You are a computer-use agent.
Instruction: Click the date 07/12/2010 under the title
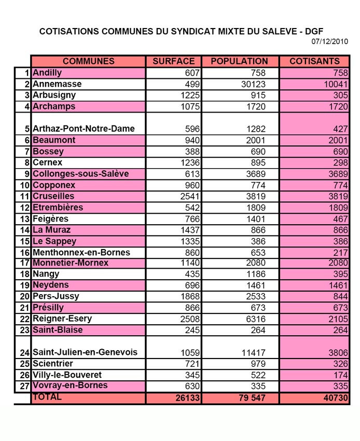(x=330, y=42)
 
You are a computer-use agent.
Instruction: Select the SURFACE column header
(x=174, y=61)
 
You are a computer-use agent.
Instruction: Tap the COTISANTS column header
(x=314, y=61)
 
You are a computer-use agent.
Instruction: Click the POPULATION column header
(x=240, y=61)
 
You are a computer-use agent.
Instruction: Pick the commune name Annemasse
(x=57, y=84)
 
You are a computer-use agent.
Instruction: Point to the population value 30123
(x=254, y=84)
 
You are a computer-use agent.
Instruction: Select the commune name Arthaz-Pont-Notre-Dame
(x=84, y=129)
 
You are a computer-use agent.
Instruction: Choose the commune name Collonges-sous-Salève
(x=80, y=174)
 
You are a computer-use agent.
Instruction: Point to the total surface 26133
(x=185, y=398)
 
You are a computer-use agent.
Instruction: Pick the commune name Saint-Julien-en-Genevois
(x=85, y=353)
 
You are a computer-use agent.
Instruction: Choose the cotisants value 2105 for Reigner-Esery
(x=338, y=319)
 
